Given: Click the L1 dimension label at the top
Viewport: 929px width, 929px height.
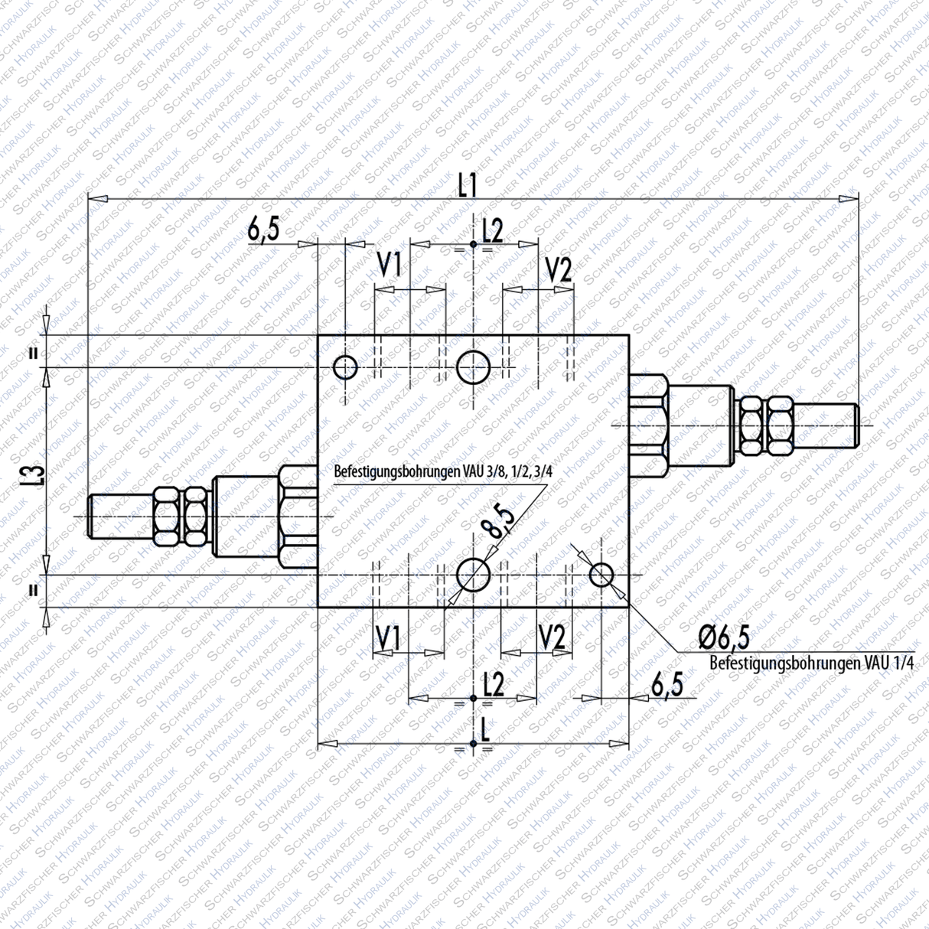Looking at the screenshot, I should point(468,184).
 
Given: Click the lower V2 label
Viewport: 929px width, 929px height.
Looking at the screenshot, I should point(552,637).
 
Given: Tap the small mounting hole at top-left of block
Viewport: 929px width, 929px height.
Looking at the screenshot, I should point(345,367).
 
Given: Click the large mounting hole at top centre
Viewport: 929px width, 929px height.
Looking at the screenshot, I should point(473,367).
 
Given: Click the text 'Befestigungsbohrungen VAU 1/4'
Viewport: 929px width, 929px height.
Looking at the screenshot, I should point(811,663).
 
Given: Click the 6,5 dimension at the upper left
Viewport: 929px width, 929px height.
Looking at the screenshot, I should point(263,229).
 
